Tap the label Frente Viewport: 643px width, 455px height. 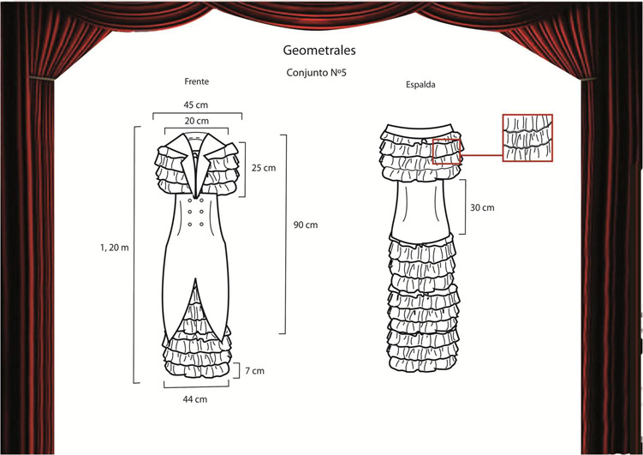pos(196,81)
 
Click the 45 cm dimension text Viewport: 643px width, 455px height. pos(196,105)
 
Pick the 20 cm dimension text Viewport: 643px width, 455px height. pos(196,121)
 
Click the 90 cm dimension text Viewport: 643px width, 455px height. pos(306,225)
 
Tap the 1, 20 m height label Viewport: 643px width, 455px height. pos(114,248)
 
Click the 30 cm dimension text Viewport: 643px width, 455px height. pos(482,207)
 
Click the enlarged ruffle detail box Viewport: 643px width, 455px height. pos(527,137)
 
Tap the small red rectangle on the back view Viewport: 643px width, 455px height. pos(447,150)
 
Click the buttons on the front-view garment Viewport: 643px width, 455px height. pos(196,213)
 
